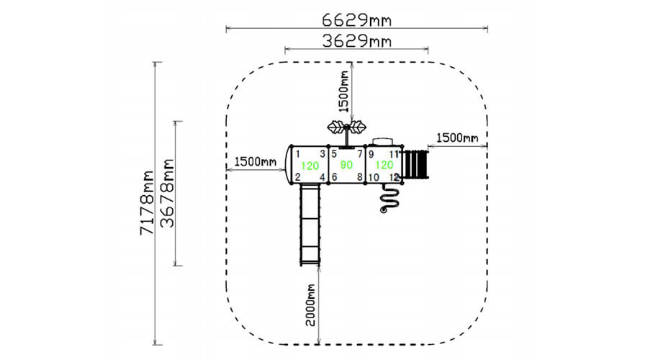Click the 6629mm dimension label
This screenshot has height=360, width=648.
[x=356, y=19]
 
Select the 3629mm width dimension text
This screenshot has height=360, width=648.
[x=356, y=41]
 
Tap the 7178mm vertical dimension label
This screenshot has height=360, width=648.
[x=147, y=202]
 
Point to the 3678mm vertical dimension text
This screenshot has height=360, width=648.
[x=167, y=194]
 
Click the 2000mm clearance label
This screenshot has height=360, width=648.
[x=310, y=305]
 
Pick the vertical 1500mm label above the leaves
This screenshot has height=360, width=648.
[x=343, y=91]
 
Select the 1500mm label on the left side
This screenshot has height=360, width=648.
[x=256, y=161]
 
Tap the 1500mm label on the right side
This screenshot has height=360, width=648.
[x=457, y=138]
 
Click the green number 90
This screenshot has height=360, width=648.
[x=346, y=165]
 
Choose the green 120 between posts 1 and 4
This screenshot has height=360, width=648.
[x=310, y=166]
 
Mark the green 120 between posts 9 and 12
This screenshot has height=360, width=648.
[x=384, y=165]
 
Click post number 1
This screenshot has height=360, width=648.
[x=297, y=155]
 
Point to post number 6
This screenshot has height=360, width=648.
[x=334, y=177]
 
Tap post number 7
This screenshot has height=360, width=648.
[x=359, y=154]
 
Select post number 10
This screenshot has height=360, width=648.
[x=374, y=177]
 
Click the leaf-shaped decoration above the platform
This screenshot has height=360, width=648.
[x=346, y=127]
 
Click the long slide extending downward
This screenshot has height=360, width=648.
[x=310, y=225]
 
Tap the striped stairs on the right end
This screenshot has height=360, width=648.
[x=416, y=165]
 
